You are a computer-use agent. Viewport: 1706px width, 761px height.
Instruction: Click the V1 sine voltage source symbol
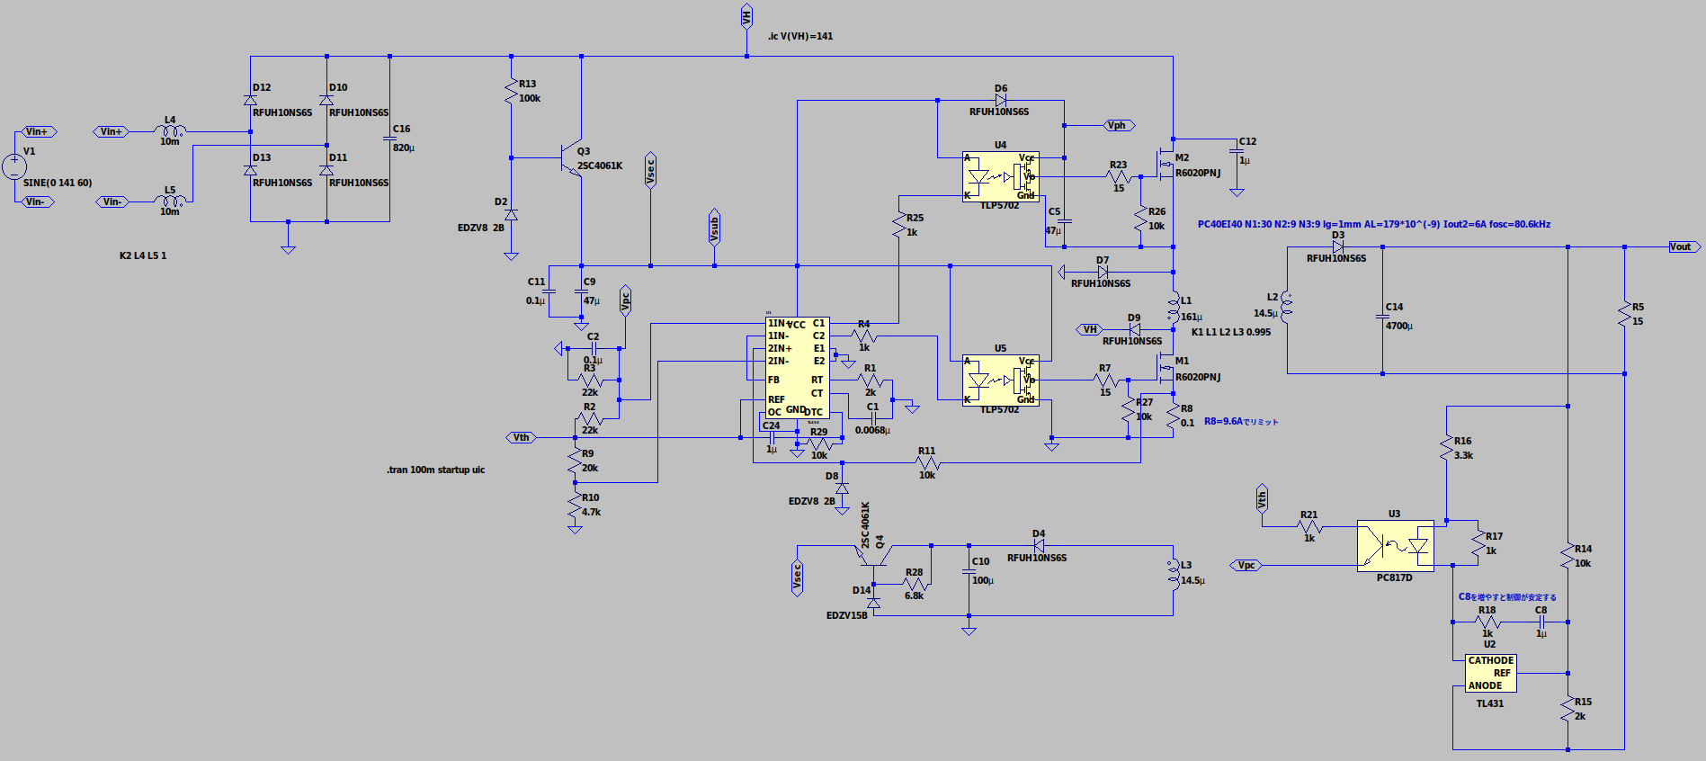click(x=14, y=166)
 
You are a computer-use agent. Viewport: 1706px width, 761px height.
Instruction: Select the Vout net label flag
click(x=1680, y=246)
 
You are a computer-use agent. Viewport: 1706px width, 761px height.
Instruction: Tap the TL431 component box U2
click(x=1491, y=673)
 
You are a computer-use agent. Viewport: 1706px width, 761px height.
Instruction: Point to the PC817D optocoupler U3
click(x=1395, y=546)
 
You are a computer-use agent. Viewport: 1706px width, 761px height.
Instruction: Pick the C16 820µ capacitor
click(x=389, y=139)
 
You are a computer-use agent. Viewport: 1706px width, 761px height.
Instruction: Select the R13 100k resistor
click(x=511, y=91)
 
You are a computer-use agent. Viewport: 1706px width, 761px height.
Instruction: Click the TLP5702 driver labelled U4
click(x=1000, y=176)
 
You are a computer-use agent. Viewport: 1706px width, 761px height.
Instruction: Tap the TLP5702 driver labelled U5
click(x=1000, y=380)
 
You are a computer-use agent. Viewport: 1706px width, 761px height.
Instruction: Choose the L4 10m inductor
click(x=170, y=131)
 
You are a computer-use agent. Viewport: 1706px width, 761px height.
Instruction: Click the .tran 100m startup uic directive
click(x=436, y=470)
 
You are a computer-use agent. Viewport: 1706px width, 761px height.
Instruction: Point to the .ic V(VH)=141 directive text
click(x=800, y=37)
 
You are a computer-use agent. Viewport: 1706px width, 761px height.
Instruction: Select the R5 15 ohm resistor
click(x=1624, y=314)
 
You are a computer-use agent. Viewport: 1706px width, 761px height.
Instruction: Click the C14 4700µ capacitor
click(x=1382, y=316)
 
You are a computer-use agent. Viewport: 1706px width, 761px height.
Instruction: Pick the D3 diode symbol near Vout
click(x=1337, y=246)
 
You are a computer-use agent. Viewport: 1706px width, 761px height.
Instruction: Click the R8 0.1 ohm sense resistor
click(x=1173, y=416)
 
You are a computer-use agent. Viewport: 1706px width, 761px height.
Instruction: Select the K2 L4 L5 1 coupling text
click(x=143, y=255)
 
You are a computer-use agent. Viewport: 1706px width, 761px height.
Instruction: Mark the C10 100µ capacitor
click(x=969, y=572)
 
